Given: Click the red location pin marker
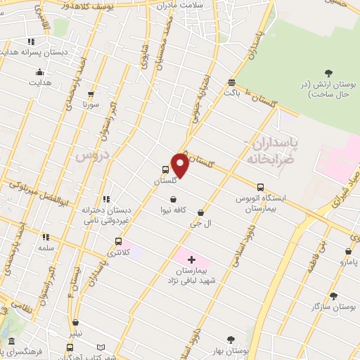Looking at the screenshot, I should coord(180,165).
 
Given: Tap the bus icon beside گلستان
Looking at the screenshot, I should coord(165,169).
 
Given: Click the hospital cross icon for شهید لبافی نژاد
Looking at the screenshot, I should coord(191,259).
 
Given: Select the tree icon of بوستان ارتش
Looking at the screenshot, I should coord(328,72).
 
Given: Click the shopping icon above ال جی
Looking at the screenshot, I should coord(201,212).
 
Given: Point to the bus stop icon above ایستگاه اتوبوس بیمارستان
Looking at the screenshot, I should coord(260,187).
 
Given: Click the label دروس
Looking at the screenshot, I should coord(86,155).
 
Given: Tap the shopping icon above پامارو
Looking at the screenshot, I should coord(348,251).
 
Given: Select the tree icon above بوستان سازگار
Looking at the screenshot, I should coord(333,296).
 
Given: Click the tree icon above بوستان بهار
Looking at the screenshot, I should coord(230,340).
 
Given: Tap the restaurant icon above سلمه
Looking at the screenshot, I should coord(46,238).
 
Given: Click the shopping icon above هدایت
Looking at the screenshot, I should coord(39,72).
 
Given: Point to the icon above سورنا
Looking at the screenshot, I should coord(90,93).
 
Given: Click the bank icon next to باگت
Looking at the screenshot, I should coord(232,82).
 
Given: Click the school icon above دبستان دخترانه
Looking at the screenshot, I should coord(107,200).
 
